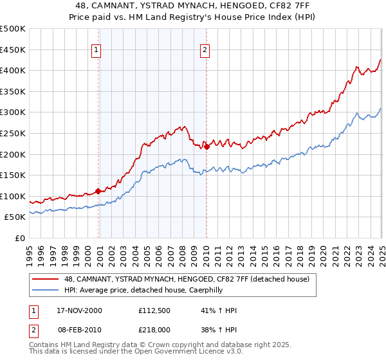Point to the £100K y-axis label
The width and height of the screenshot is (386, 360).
[13, 196]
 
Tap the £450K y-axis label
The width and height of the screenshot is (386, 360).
[13, 50]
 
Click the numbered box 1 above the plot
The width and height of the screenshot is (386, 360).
[96, 50]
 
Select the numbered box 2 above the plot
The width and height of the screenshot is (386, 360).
[205, 50]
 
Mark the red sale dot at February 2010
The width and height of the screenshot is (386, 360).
[207, 147]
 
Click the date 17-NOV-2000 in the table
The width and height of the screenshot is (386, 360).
[79, 310]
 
